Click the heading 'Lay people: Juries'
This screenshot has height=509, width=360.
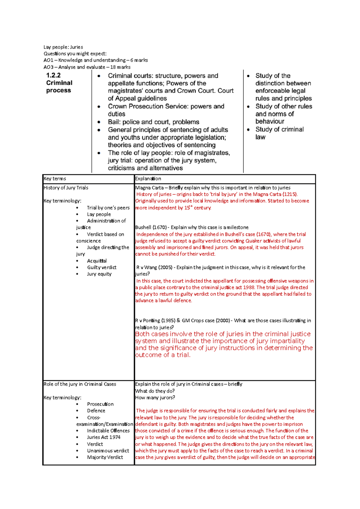[x=63, y=47]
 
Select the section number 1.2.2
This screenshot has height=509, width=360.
[x=53, y=76]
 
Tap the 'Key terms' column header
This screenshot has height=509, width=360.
[x=55, y=179]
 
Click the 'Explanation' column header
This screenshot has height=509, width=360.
[x=148, y=179]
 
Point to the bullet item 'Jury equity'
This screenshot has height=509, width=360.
[x=99, y=274]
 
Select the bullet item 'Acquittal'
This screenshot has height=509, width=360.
[x=97, y=261]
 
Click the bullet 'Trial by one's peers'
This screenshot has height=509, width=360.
[x=108, y=208]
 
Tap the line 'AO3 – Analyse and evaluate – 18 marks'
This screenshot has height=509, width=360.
[x=87, y=67]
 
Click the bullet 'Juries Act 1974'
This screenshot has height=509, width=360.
[x=103, y=437]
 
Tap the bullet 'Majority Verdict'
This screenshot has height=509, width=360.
[x=105, y=457]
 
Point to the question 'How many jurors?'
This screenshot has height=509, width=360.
[x=155, y=398]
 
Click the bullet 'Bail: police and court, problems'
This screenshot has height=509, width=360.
[x=153, y=122]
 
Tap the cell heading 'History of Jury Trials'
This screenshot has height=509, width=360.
[x=66, y=188]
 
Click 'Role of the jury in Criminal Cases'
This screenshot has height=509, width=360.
[x=80, y=384]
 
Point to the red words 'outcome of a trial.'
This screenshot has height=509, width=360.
[x=163, y=355]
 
